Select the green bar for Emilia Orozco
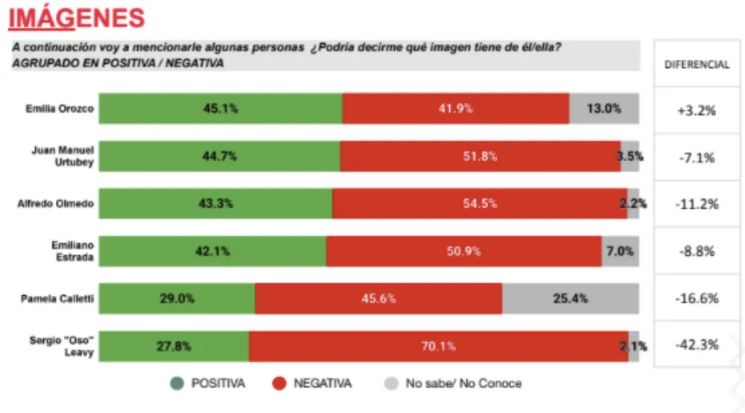coord(221,108)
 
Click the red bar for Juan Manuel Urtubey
coord(480,157)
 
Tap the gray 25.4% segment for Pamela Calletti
coord(570,298)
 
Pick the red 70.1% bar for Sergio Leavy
coord(438,346)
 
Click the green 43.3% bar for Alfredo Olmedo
coord(216,204)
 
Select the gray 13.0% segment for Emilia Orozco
coord(603,108)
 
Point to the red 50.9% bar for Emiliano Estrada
coord(463,251)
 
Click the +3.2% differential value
coord(697,110)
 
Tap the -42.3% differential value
coord(697,345)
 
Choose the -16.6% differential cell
coord(697,298)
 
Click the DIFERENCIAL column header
coord(697,65)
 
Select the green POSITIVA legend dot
coord(177,384)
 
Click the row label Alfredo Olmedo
coord(56,204)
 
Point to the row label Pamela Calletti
coord(58,298)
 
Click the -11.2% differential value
coord(697,204)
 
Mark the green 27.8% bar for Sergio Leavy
coord(174,346)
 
